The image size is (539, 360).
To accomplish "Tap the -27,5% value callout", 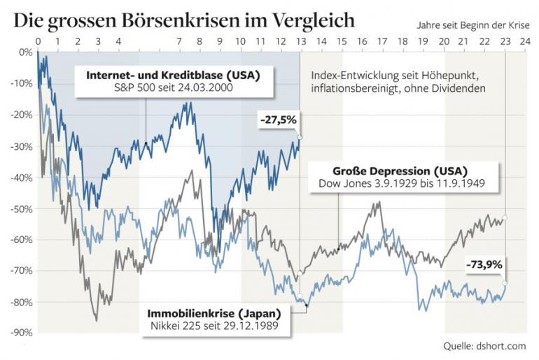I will (279, 120).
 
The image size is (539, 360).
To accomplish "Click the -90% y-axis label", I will (22, 333).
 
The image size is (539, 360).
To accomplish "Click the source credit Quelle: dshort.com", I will (485, 346).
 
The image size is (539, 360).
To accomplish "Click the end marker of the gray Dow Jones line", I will (505, 218).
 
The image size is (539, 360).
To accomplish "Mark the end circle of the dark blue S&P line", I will (300, 137).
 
